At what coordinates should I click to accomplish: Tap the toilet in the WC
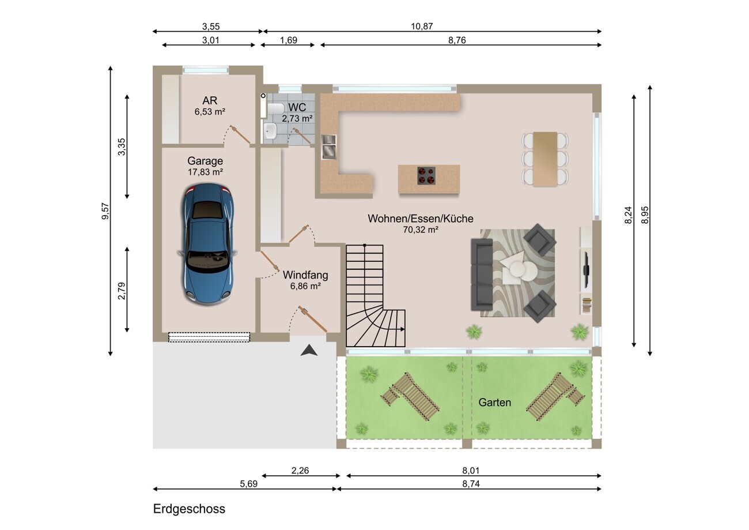[x=275, y=108]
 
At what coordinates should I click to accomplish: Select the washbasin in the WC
[x=270, y=131]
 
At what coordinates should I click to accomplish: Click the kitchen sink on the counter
[x=328, y=147]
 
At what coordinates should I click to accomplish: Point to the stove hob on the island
[x=426, y=176]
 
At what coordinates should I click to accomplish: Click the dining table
[x=545, y=159]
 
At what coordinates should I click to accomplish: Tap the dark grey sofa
[x=482, y=275]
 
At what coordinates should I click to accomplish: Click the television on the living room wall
[x=586, y=269]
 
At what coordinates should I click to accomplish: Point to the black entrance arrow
[x=309, y=350]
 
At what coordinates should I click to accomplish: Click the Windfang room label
[x=305, y=275]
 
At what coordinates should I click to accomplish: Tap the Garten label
[x=494, y=402]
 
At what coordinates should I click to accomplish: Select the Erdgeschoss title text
[x=189, y=509]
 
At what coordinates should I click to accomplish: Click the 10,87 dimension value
[x=422, y=26]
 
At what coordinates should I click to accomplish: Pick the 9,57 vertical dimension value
[x=105, y=212]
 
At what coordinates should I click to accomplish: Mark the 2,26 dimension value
[x=300, y=471]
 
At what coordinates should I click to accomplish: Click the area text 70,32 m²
[x=421, y=230]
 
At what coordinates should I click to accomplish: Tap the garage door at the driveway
[x=209, y=337]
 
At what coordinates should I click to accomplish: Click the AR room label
[x=210, y=100]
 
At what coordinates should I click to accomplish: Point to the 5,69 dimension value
[x=248, y=484]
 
